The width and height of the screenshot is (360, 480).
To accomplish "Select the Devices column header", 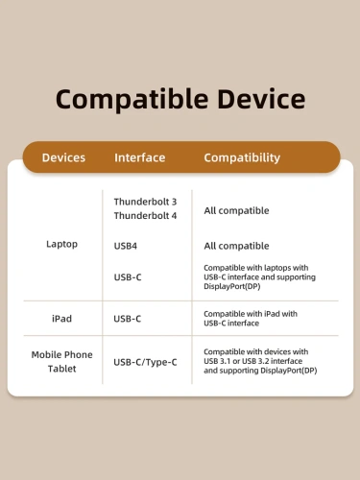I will [x=63, y=157].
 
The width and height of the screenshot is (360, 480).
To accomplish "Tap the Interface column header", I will [x=140, y=157].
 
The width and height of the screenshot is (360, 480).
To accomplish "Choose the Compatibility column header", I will [x=242, y=157].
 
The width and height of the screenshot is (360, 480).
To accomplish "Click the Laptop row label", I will [x=61, y=244].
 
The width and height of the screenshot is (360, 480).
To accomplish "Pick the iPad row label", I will [x=61, y=318].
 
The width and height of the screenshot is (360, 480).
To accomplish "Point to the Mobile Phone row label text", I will [x=61, y=354].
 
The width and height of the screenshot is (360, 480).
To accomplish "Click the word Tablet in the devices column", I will [x=61, y=369].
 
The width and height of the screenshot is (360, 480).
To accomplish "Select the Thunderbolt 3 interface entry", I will [x=145, y=202].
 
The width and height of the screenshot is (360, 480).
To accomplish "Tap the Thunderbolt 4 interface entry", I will [x=145, y=215].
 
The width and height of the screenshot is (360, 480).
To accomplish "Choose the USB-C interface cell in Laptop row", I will [x=129, y=277].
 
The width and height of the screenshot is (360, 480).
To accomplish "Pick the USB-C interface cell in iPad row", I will [x=129, y=318].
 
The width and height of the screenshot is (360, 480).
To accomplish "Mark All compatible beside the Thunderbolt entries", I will [x=236, y=210].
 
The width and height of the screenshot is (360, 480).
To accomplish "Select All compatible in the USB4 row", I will [x=236, y=246].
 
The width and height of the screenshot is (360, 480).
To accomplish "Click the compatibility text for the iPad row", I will [x=251, y=318].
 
